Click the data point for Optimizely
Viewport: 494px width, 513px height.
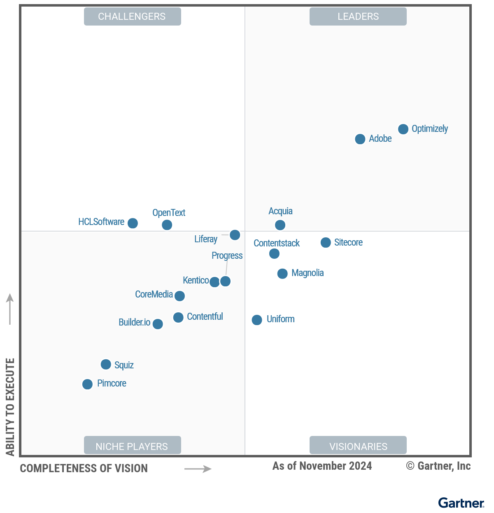pos(403,129)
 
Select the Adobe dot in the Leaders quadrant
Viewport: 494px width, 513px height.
pos(360,139)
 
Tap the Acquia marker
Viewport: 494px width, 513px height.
pos(280,225)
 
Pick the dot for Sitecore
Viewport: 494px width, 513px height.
pos(326,243)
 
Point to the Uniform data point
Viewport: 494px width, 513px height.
pos(257,320)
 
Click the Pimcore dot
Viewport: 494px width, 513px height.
pos(87,384)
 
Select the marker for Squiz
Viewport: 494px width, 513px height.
pos(106,364)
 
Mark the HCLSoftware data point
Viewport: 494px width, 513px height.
pos(133,223)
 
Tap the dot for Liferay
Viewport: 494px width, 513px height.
pos(235,235)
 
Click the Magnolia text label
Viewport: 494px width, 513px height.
pos(308,273)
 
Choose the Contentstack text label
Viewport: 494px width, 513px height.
pos(277,243)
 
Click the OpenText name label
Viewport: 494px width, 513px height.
pos(169,213)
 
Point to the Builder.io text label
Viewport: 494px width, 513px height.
pos(134,322)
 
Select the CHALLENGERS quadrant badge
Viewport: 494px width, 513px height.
pos(132,16)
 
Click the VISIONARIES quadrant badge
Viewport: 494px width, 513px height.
pos(358,446)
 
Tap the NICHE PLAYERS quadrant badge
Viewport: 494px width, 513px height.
pos(132,446)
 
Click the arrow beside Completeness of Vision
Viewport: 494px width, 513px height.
pos(198,469)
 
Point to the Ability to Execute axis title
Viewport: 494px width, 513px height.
pos(10,407)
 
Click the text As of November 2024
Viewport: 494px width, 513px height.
pos(322,466)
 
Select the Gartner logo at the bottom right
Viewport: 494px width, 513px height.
pos(461,503)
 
